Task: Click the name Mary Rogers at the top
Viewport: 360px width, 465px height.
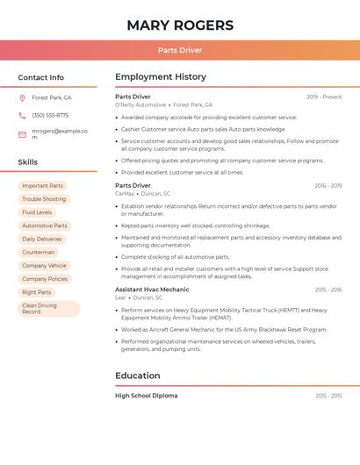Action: [180, 25]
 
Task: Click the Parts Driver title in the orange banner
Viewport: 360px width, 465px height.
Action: [180, 51]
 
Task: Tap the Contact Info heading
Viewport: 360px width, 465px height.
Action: [41, 77]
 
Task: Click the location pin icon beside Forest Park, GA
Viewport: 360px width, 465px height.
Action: [22, 98]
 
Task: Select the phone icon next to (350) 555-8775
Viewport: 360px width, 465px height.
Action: [22, 116]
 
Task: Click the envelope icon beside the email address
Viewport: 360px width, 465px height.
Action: [22, 134]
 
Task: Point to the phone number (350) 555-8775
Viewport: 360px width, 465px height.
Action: [50, 116]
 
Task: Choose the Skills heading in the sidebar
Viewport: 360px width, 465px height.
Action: [28, 162]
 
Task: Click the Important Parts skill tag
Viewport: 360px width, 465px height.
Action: [42, 186]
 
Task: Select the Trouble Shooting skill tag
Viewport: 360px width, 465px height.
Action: [44, 199]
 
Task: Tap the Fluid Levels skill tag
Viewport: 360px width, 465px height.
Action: [37, 212]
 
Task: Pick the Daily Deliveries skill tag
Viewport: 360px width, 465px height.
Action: [42, 239]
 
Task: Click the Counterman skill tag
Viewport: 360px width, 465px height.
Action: [39, 252]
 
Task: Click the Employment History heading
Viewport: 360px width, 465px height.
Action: [161, 77]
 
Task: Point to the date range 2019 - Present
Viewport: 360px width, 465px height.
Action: [324, 97]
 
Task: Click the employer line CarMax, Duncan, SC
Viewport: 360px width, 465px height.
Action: [143, 194]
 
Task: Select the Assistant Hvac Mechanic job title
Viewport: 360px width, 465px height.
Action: [152, 290]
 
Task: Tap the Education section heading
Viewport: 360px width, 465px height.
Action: [138, 376]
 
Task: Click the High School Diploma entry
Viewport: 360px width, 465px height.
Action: [147, 396]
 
